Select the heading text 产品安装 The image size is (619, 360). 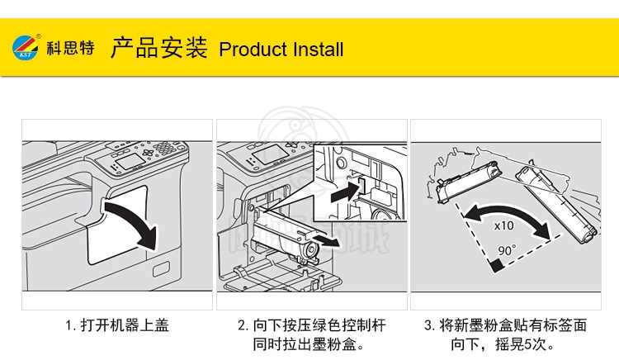click(x=158, y=48)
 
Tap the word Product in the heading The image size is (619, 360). click(x=249, y=50)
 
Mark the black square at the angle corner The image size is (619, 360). click(x=495, y=266)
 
